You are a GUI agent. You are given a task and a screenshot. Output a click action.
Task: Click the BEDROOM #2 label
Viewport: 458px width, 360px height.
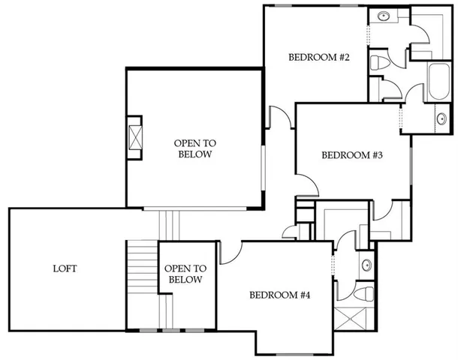click(315, 58)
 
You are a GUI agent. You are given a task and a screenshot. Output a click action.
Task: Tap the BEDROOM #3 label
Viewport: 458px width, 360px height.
click(353, 156)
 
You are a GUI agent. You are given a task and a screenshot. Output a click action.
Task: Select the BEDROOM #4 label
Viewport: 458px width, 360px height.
click(280, 295)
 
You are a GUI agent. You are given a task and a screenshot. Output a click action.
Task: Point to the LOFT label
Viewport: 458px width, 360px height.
click(65, 268)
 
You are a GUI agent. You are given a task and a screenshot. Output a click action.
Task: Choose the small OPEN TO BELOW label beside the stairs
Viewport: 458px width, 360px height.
click(185, 274)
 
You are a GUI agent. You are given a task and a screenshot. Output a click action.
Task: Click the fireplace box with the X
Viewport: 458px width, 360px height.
click(135, 139)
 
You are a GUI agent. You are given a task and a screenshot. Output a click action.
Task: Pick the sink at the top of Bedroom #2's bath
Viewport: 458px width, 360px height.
click(383, 16)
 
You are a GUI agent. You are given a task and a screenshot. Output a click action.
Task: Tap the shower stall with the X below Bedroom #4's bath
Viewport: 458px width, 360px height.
click(353, 320)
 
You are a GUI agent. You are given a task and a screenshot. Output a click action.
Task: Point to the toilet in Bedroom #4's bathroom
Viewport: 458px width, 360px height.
click(364, 292)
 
